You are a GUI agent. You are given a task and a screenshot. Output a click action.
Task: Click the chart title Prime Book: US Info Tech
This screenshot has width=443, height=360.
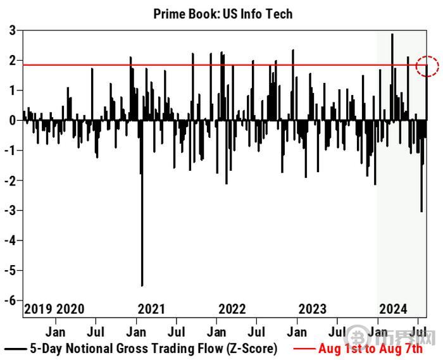(x=223, y=13)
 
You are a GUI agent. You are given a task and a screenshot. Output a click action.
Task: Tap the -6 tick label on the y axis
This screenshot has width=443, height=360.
(x=10, y=301)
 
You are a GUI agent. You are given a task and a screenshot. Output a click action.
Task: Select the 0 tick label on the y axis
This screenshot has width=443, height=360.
(x=13, y=120)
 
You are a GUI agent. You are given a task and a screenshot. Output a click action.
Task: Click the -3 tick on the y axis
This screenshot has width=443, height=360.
(x=10, y=210)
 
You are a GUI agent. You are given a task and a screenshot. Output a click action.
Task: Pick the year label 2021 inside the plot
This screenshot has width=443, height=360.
(x=151, y=309)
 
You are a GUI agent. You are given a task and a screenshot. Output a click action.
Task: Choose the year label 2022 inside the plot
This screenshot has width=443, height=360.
(x=232, y=309)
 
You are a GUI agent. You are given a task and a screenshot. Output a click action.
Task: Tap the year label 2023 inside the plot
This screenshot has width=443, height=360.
(x=313, y=309)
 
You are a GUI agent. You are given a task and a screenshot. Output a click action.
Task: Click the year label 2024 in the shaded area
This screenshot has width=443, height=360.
(x=393, y=309)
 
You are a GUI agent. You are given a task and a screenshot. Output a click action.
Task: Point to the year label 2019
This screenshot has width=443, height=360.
(x=38, y=309)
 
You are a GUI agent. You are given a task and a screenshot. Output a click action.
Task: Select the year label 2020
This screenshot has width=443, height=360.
(x=70, y=309)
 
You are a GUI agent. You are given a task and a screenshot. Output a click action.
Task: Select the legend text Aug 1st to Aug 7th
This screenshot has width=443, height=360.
(x=370, y=348)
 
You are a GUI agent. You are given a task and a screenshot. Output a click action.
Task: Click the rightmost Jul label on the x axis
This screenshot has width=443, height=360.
(x=418, y=331)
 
